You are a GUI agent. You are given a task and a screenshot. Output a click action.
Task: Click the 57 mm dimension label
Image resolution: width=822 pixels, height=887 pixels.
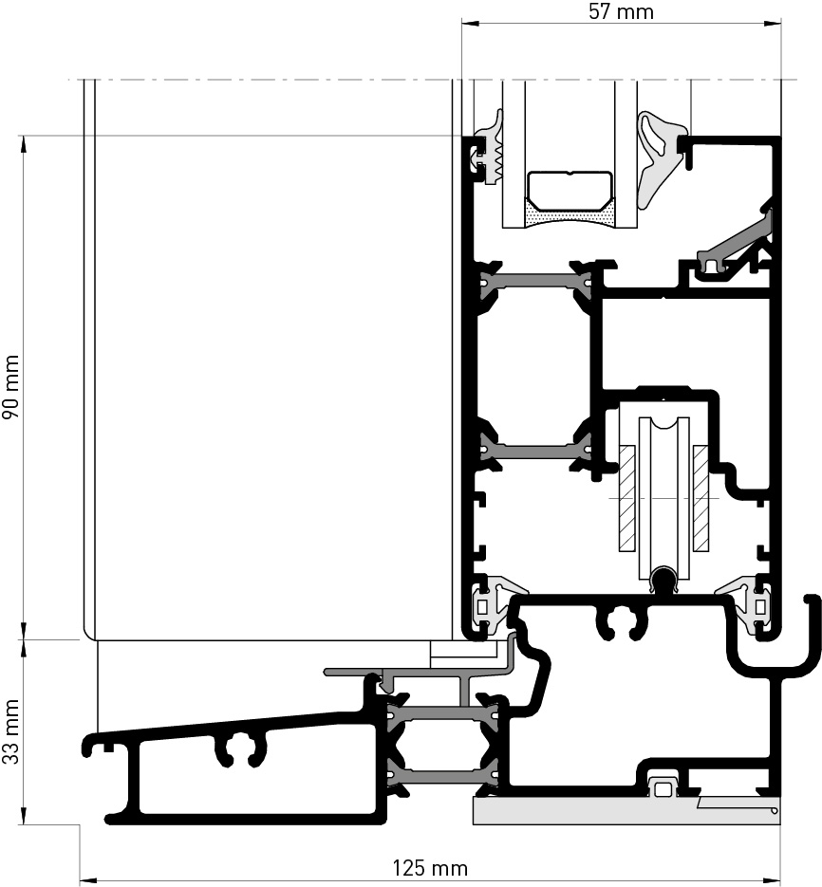[621, 11]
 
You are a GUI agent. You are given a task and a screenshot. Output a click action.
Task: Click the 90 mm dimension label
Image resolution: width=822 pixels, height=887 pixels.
[11, 387]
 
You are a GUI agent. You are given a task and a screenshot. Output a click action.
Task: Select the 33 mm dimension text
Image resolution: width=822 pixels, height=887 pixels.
[11, 732]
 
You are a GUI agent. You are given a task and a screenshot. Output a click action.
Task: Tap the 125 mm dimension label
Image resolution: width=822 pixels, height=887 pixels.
[430, 868]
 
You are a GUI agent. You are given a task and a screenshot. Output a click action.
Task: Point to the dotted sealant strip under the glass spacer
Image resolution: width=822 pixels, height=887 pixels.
[570, 217]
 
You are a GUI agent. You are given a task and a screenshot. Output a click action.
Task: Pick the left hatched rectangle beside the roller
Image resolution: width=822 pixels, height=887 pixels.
[626, 498]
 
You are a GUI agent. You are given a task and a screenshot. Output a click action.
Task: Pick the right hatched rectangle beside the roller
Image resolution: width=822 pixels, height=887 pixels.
[701, 498]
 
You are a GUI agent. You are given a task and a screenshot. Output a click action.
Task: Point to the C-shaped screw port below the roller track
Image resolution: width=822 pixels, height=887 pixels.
[622, 622]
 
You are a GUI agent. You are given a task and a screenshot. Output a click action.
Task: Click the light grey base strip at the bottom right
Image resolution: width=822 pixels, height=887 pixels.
[626, 810]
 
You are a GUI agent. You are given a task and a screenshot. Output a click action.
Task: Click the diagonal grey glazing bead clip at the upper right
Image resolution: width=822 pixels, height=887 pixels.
[736, 243]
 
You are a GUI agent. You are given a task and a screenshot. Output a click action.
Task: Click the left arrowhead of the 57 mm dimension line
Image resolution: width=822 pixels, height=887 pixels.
[470, 23]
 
